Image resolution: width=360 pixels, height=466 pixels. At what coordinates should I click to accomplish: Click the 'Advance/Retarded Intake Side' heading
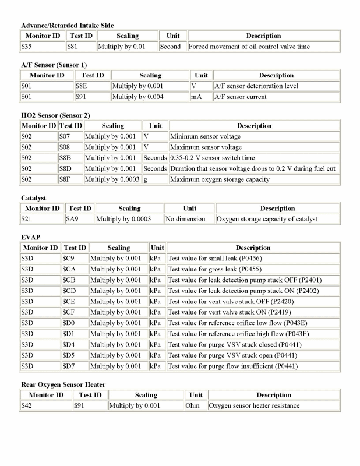[67, 25]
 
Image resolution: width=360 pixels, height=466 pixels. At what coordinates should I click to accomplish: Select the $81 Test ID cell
[73, 47]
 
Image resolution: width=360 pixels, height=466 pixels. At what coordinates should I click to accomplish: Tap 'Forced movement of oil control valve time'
[249, 47]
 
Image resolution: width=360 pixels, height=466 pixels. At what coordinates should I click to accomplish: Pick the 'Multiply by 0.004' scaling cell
[137, 97]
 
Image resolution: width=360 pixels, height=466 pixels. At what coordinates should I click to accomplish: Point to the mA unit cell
[196, 97]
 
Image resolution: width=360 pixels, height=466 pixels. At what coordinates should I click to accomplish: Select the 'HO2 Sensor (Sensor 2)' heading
[55, 115]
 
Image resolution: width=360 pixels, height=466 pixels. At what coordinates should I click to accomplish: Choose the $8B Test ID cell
[65, 158]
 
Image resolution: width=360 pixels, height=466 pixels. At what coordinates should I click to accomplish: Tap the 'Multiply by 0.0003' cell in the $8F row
[112, 179]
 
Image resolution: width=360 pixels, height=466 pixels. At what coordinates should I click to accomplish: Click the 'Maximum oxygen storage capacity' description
[220, 179]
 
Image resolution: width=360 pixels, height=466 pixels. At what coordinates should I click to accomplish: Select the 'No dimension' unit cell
[185, 219]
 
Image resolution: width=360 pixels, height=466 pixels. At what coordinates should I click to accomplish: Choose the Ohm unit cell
[192, 405]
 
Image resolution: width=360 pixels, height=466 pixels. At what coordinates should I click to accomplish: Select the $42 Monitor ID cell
[26, 405]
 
